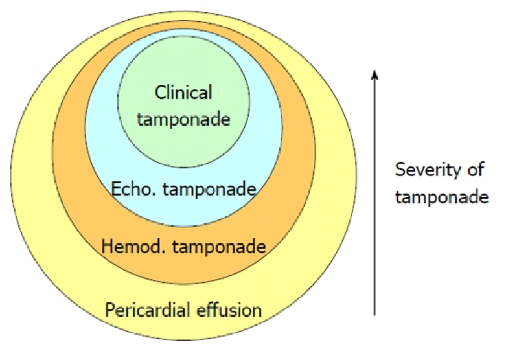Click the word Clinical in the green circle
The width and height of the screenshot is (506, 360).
click(183, 93)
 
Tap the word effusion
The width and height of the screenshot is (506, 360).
click(231, 309)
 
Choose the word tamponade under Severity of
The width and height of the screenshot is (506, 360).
click(442, 196)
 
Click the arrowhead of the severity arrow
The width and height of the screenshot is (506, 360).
click(374, 75)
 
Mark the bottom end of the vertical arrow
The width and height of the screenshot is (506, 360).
click(374, 315)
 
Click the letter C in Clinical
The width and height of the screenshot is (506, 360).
click(159, 93)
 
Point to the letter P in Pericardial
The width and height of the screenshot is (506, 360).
click(109, 309)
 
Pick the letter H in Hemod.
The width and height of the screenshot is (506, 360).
click(106, 247)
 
